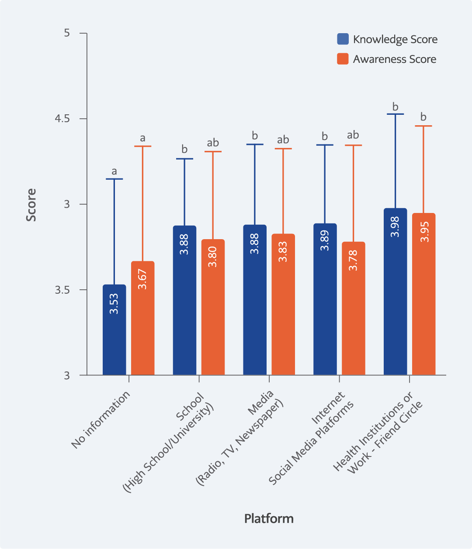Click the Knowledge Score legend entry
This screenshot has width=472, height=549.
[387, 39]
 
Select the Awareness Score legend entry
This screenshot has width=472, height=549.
[387, 59]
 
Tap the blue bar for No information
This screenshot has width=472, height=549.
[114, 330]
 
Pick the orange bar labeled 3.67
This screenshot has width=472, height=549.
[143, 318]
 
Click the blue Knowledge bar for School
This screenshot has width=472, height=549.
[184, 300]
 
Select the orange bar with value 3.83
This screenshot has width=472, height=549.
[283, 304]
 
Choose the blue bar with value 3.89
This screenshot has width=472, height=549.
[325, 299]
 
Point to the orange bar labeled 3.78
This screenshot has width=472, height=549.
[353, 308]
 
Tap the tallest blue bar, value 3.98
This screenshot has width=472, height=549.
[395, 292]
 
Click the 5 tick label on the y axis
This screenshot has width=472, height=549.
[67, 33]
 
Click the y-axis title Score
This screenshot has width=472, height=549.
[31, 205]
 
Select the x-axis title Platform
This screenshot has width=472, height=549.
[269, 518]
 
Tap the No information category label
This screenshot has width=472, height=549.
[101, 419]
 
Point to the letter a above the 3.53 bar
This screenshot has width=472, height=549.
[114, 172]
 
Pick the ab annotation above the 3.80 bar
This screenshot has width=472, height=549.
[213, 143]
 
